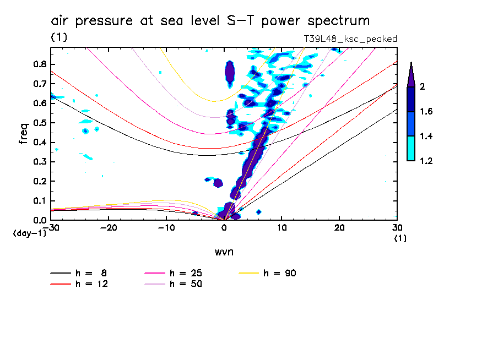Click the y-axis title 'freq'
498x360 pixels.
[24, 133]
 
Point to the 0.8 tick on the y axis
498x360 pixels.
[40, 64]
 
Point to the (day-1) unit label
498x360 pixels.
[30, 233]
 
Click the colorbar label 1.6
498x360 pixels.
[426, 111]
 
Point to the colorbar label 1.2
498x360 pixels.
[426, 161]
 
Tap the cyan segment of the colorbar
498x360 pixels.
[411, 148]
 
